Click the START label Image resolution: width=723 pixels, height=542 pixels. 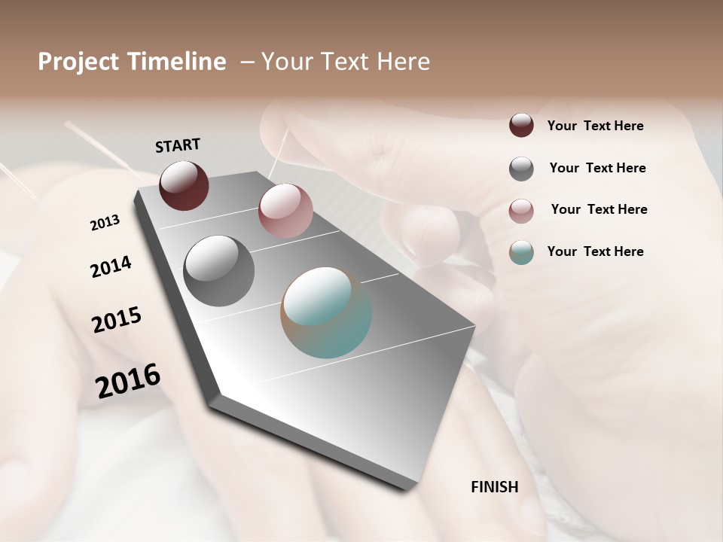click(x=178, y=145)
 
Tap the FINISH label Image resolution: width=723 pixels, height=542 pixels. click(x=494, y=487)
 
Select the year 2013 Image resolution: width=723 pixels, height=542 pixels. click(x=105, y=223)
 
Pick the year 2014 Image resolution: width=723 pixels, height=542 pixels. click(x=111, y=266)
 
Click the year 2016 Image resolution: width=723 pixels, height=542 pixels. click(x=128, y=380)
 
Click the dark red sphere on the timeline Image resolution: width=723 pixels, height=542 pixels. click(x=184, y=185)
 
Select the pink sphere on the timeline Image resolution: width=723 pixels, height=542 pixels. click(x=285, y=211)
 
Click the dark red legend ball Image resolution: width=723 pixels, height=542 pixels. click(x=521, y=125)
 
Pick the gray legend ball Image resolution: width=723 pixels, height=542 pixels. click(x=521, y=169)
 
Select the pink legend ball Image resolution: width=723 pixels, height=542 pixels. click(x=521, y=210)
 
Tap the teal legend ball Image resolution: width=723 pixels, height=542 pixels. click(x=521, y=252)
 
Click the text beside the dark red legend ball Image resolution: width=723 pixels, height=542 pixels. click(x=595, y=126)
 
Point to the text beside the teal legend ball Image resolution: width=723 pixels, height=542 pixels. click(x=595, y=251)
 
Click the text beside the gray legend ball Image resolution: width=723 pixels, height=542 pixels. click(x=597, y=168)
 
